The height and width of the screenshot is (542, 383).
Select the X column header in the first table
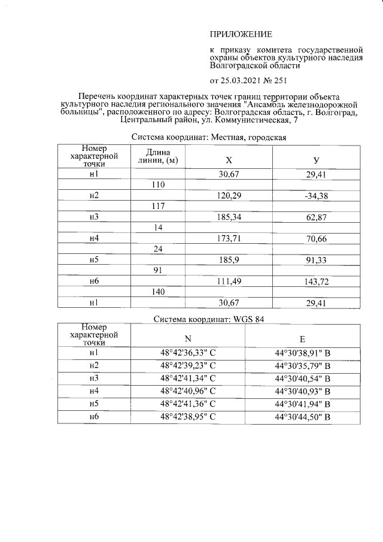229,161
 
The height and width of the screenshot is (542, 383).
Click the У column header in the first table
316,161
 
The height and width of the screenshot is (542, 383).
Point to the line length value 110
158,185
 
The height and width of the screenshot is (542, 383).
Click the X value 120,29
229,196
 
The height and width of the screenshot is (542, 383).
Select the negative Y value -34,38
317,196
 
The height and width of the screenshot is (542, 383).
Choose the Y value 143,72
317,281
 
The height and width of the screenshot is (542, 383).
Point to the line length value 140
158,292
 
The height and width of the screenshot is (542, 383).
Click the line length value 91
158,271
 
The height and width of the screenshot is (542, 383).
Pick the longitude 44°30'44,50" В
303,417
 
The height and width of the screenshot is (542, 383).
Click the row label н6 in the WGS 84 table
93,417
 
